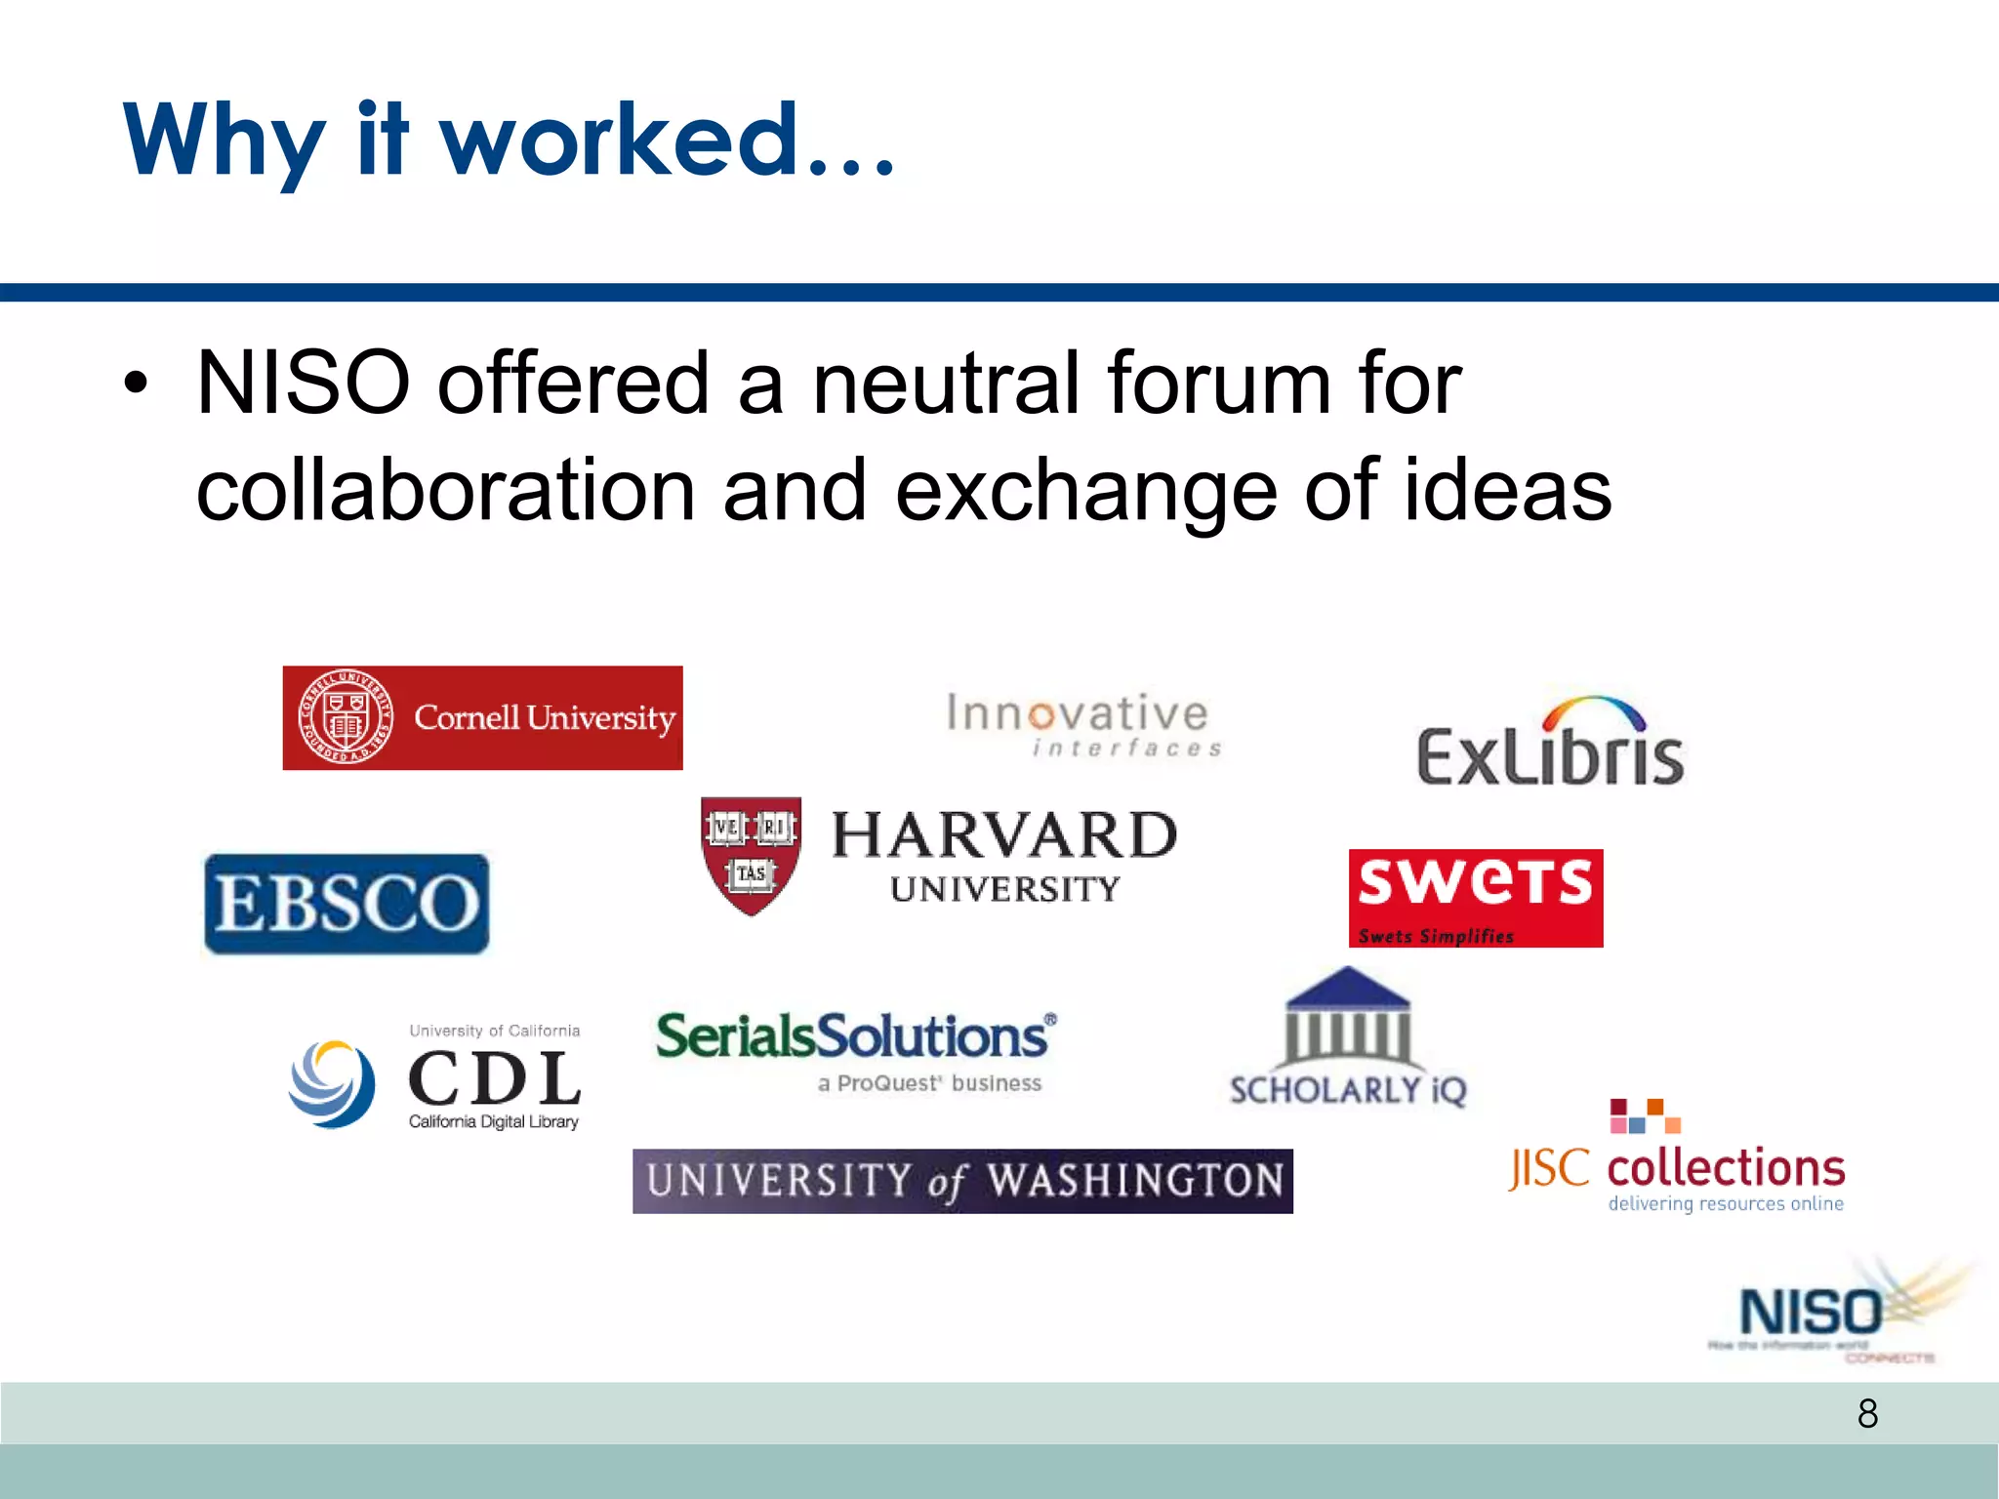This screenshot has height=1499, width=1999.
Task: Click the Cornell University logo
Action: [482, 718]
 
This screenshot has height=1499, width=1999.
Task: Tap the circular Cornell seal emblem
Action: [345, 718]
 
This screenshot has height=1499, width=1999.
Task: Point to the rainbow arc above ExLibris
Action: [1593, 710]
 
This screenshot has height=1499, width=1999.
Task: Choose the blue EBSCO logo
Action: [347, 904]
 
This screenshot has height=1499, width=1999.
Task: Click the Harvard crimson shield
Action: [751, 855]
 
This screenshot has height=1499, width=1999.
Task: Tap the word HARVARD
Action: [1004, 835]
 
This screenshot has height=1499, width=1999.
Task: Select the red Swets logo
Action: [1475, 898]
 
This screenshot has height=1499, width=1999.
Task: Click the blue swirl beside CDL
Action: [333, 1083]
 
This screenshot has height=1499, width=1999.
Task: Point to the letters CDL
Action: [494, 1078]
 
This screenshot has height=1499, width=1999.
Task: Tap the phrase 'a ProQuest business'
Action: [930, 1083]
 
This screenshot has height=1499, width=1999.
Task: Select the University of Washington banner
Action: [962, 1181]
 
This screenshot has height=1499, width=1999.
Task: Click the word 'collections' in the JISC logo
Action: [1726, 1168]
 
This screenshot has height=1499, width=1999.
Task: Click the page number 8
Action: [1867, 1413]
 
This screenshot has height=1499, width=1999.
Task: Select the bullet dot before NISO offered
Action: [136, 384]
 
